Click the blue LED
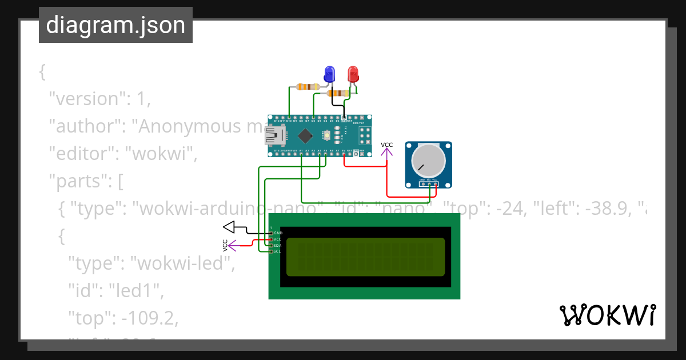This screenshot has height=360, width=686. click(330, 74)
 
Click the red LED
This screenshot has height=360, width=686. click(353, 74)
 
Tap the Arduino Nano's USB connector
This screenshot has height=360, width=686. click(274, 136)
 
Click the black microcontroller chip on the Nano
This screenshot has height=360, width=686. click(305, 136)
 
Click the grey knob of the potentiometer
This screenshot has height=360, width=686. click(429, 161)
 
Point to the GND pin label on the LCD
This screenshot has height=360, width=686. click(278, 233)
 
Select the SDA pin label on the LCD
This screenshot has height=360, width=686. click(278, 245)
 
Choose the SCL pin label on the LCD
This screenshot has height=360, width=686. click(278, 251)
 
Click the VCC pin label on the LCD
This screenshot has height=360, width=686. click(278, 239)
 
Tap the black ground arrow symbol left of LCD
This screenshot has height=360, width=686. click(230, 227)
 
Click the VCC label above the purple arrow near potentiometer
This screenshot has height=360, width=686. click(387, 145)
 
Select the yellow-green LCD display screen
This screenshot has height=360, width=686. click(365, 257)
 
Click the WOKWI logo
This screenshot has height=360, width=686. click(607, 315)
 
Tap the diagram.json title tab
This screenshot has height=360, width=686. click(115, 25)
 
